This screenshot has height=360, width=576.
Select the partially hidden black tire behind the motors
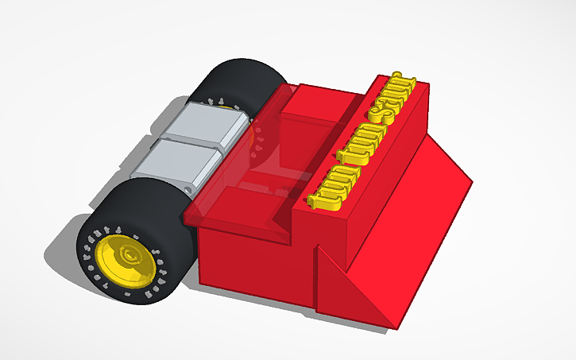[238, 79]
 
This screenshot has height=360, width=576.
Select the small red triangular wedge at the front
[350, 286]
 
